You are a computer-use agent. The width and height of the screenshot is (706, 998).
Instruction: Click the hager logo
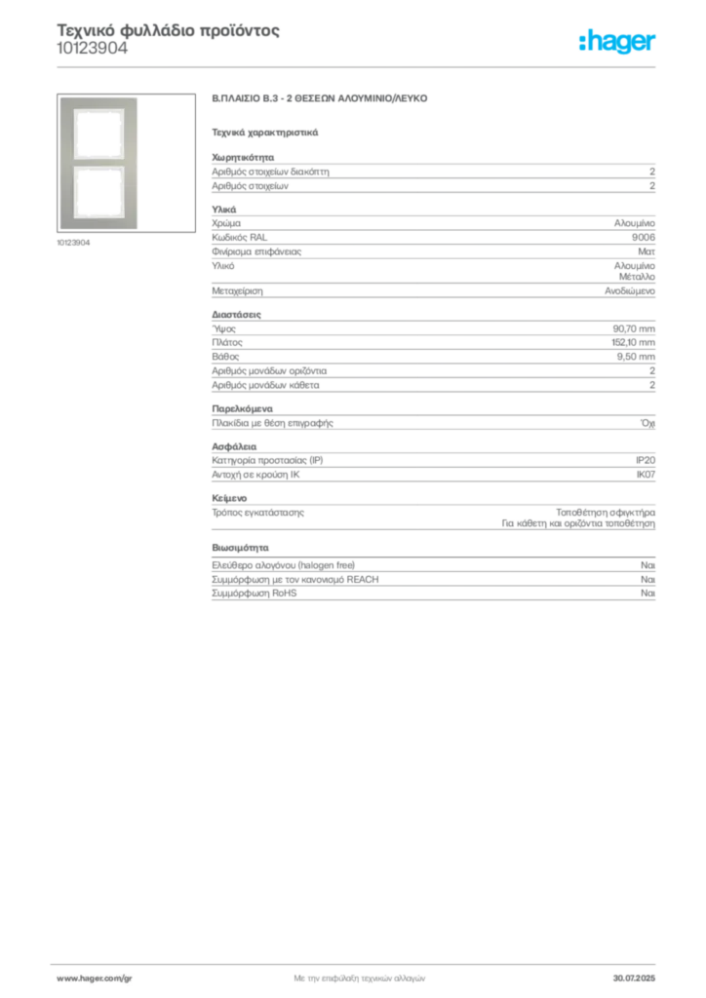click(616, 41)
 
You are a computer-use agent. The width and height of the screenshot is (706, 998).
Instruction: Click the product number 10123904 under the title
click(93, 49)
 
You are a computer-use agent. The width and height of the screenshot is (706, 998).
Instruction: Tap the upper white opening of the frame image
click(98, 134)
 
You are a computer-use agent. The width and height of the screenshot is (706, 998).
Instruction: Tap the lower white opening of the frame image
click(98, 190)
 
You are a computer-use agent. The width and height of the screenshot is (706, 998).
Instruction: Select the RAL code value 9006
click(643, 238)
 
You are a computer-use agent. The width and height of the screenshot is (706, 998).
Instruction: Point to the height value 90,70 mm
click(634, 329)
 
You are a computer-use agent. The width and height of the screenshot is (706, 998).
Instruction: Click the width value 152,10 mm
click(633, 342)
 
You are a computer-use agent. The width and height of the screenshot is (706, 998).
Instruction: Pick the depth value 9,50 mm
click(636, 357)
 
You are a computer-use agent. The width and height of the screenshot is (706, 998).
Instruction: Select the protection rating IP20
click(645, 460)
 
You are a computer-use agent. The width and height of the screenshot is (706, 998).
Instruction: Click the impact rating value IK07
click(646, 475)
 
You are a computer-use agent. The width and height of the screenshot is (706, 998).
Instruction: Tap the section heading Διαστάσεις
click(236, 315)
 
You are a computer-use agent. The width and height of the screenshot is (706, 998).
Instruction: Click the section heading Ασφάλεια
click(234, 446)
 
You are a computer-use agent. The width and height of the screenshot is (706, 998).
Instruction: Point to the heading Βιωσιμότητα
click(240, 548)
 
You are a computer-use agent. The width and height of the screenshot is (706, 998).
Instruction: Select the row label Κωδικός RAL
click(239, 238)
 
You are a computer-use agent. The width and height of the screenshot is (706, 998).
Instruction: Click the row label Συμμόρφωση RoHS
click(254, 594)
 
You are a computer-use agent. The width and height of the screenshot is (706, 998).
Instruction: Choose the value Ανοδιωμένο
click(630, 290)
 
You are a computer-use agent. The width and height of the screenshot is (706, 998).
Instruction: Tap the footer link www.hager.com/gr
click(95, 979)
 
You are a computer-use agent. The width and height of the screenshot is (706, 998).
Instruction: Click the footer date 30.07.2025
click(634, 979)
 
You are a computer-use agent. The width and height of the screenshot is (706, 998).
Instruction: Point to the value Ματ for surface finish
click(647, 252)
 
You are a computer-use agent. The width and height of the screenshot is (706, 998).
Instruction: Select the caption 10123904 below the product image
click(73, 243)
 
